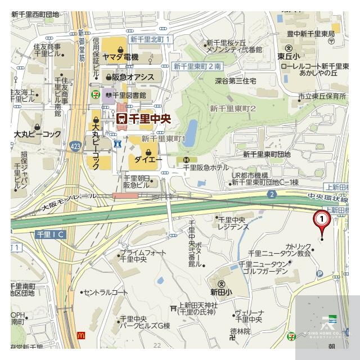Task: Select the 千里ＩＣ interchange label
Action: point(50,233)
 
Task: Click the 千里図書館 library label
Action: point(128,95)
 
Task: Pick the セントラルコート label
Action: point(105,292)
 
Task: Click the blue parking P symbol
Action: point(320,274)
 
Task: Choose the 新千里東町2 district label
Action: point(232,108)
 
